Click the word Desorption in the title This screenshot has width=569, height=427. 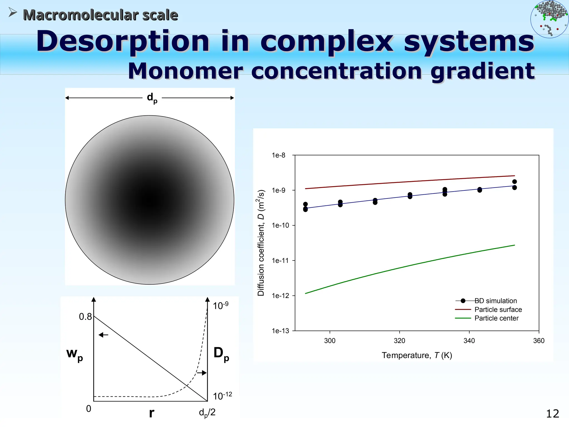[123, 42]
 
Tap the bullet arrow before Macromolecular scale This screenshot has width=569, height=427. [13, 13]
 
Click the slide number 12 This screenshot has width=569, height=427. [552, 414]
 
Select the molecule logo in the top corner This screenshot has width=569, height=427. [549, 19]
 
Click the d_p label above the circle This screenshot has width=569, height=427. [152, 98]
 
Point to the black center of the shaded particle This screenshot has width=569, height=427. [150, 200]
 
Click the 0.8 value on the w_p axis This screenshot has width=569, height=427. [85, 317]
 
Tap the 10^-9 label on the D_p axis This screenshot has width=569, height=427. [220, 306]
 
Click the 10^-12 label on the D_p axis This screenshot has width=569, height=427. [222, 396]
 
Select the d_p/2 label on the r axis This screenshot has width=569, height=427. [207, 413]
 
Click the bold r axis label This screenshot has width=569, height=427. [151, 413]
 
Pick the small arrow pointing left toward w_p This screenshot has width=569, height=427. [103, 335]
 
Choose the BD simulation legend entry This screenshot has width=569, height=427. [495, 301]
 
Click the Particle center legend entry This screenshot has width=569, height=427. [496, 318]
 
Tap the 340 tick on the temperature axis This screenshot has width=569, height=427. [469, 341]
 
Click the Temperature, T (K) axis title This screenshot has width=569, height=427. [417, 356]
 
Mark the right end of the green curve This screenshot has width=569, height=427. [515, 245]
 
